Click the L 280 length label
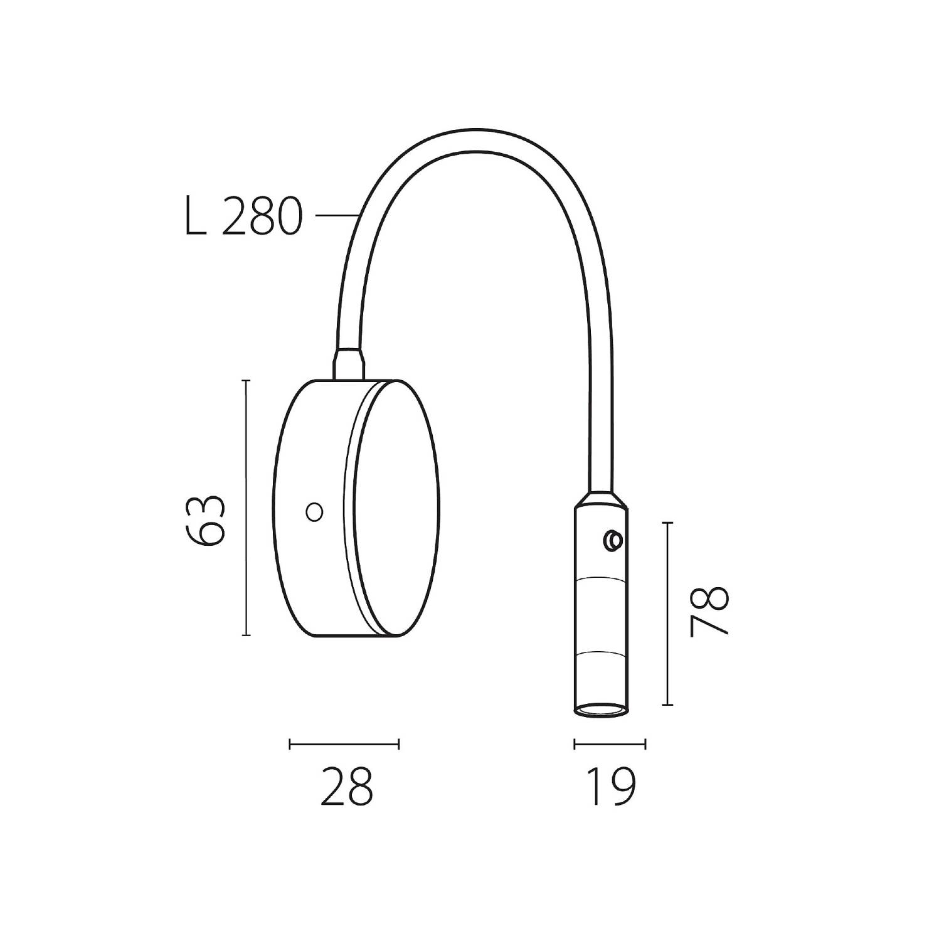coord(244,216)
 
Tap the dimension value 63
coord(205,520)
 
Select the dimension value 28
coord(346,785)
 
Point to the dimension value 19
coord(610,785)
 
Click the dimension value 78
coord(709,612)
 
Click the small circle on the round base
coord(314,512)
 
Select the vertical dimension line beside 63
coord(246,508)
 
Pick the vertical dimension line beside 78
coord(668,614)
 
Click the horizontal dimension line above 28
coord(344,745)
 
